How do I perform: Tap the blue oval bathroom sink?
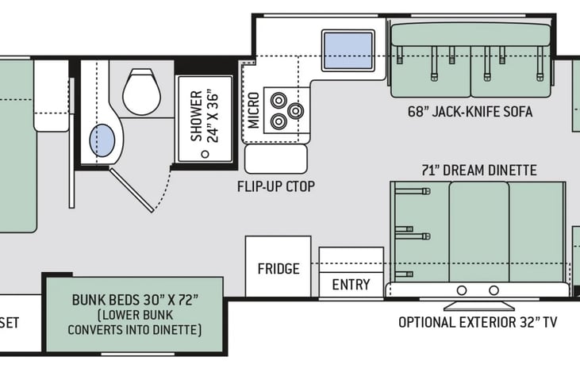pyautogui.click(x=102, y=140)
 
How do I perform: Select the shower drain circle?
pyautogui.click(x=205, y=154)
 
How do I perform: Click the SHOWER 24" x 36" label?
pyautogui.click(x=205, y=116)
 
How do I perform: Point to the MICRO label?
pyautogui.click(x=254, y=110)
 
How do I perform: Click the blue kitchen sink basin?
pyautogui.click(x=348, y=51)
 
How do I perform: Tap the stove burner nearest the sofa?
pyautogui.click(x=295, y=110)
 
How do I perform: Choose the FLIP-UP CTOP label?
pyautogui.click(x=276, y=186)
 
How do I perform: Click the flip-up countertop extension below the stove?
pyautogui.click(x=276, y=159)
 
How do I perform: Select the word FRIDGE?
pyautogui.click(x=278, y=268)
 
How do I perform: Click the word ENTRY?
pyautogui.click(x=351, y=285)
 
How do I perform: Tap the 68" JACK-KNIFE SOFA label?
pyautogui.click(x=471, y=112)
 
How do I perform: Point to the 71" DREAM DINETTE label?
pyautogui.click(x=479, y=171)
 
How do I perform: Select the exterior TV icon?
pyautogui.click(x=479, y=305)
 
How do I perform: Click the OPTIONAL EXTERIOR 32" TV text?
pyautogui.click(x=478, y=323)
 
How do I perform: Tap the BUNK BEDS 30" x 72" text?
pyautogui.click(x=135, y=300)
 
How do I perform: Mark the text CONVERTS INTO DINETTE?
pyautogui.click(x=135, y=329)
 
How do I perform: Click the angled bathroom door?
pyautogui.click(x=132, y=190)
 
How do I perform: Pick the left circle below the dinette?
pyautogui.click(x=462, y=290)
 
